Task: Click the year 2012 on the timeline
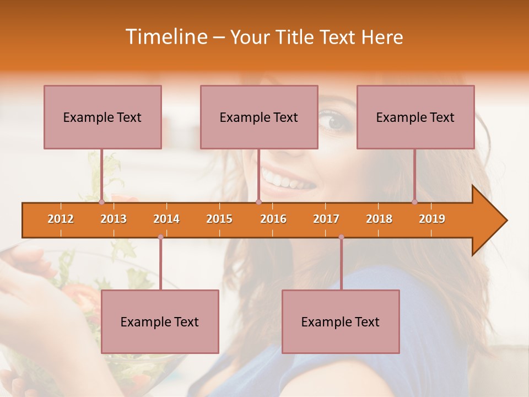coord(61,219)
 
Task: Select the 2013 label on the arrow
coord(114,219)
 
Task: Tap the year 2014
coord(166,219)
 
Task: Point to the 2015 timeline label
coord(219,219)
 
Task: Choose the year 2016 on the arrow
coord(273,219)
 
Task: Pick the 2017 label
coord(326,219)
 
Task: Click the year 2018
coord(379,219)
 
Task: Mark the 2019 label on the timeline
coord(432,219)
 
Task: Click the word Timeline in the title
coord(165,37)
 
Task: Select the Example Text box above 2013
coord(102,117)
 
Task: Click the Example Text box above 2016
coord(259,117)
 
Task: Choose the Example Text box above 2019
coord(415,117)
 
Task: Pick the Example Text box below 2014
coord(160,321)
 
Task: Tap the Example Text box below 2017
coord(341,321)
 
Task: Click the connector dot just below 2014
coord(160,237)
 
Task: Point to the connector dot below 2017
coord(341,237)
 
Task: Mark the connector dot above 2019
coord(415,202)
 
